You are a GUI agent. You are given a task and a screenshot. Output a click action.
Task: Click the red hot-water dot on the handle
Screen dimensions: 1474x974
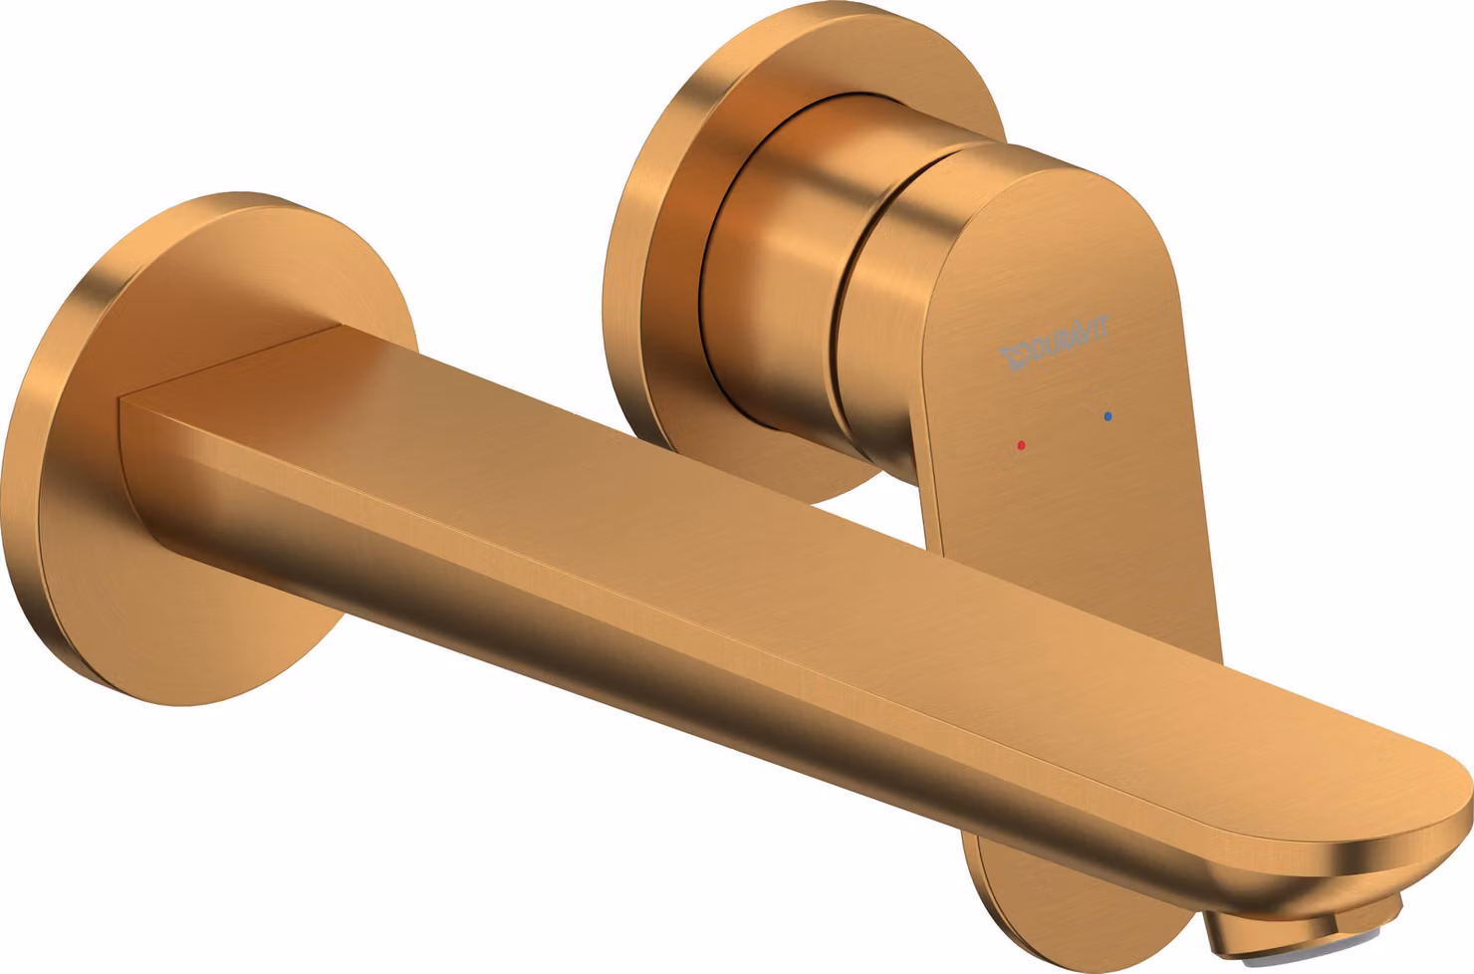coord(1021,445)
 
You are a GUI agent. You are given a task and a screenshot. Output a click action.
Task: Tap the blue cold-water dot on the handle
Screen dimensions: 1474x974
coord(1108,416)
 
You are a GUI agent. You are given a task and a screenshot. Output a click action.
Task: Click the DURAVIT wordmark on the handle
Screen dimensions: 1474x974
coord(1054,343)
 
